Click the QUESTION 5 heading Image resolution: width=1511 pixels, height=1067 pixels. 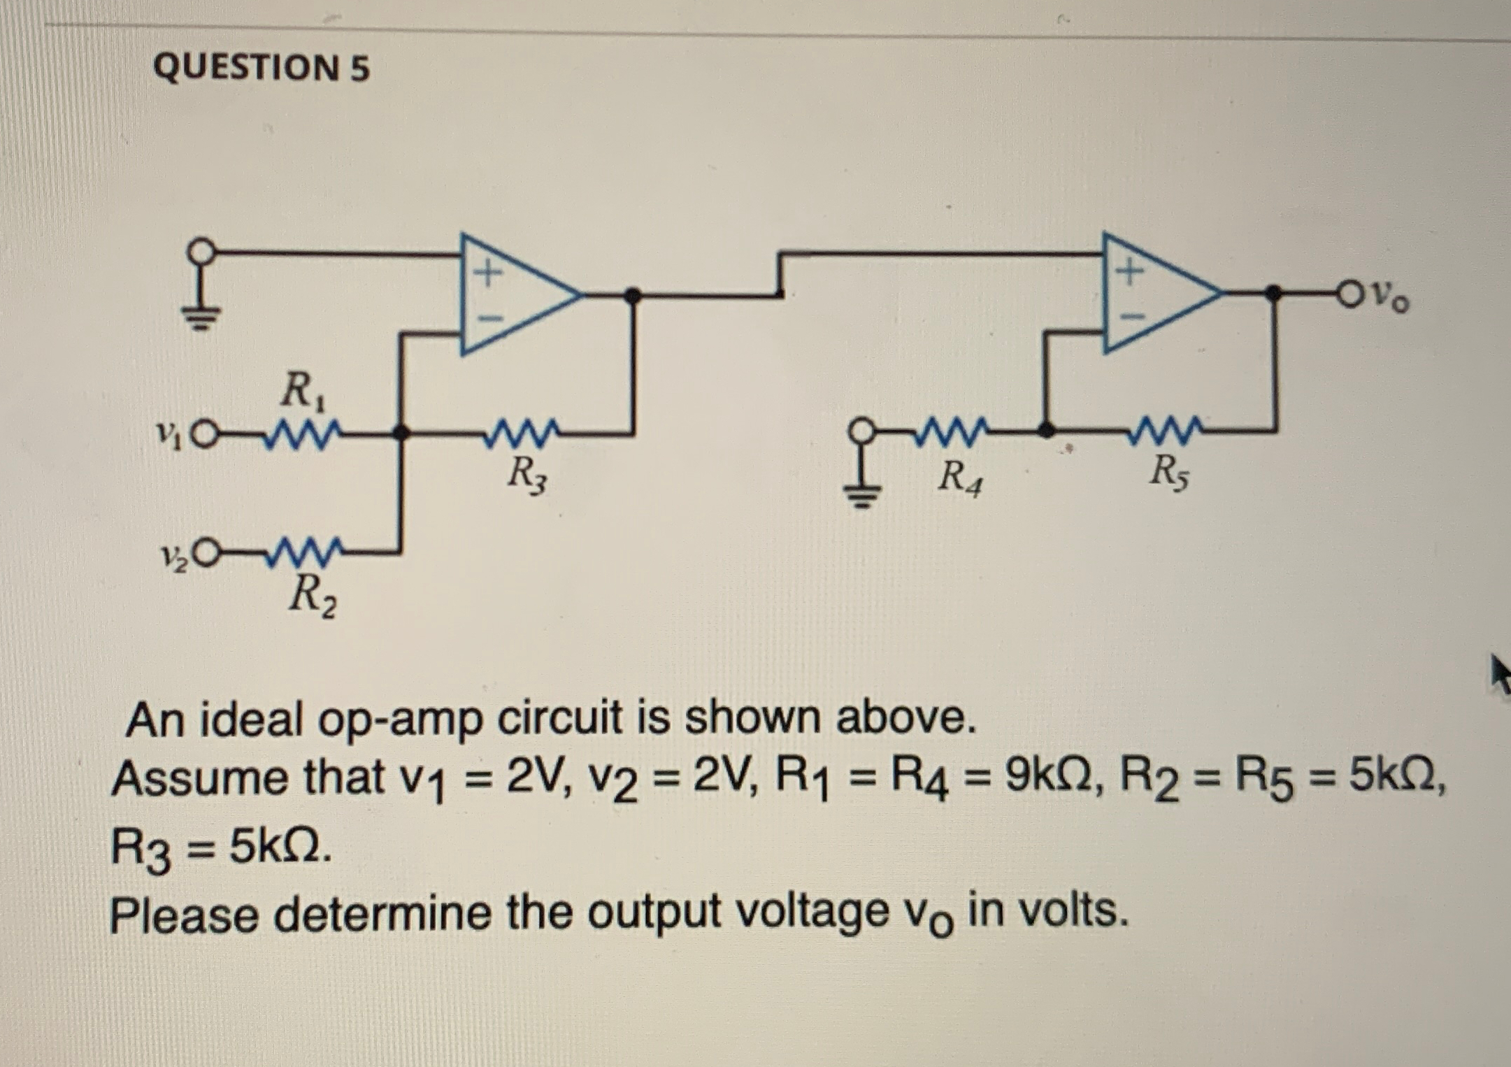tap(261, 69)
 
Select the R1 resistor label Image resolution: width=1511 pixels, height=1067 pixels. tap(303, 392)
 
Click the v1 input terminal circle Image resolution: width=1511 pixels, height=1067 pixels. tap(202, 434)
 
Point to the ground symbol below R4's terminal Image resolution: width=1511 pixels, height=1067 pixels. tap(862, 495)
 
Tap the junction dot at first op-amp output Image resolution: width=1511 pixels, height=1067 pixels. tap(632, 296)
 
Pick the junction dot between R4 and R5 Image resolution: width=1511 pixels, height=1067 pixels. tap(1045, 431)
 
